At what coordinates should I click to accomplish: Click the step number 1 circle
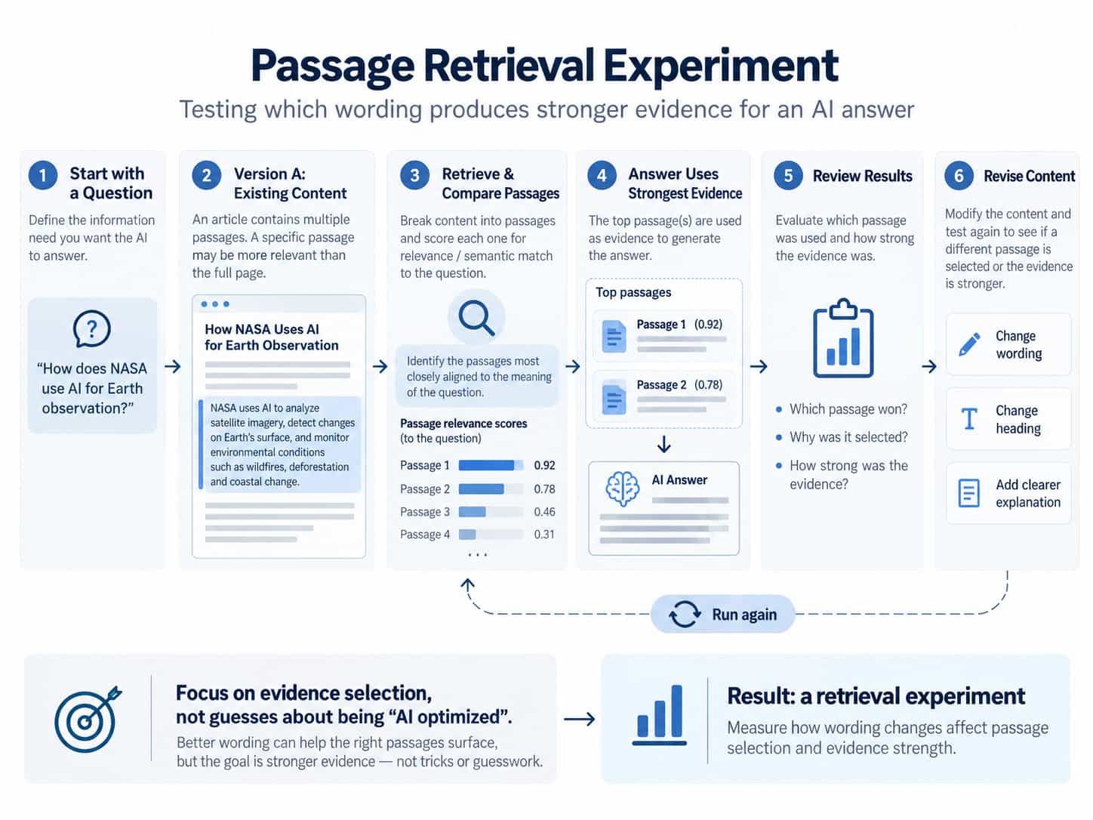click(43, 175)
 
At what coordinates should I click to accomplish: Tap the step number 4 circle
click(602, 175)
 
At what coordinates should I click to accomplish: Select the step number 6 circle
click(959, 175)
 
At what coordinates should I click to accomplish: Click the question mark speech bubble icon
click(91, 328)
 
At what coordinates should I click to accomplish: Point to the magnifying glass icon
click(476, 318)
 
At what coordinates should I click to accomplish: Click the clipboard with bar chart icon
click(843, 338)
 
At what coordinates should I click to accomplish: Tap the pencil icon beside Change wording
click(969, 344)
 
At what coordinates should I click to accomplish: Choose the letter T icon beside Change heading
click(969, 418)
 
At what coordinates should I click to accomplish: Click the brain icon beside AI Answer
click(623, 489)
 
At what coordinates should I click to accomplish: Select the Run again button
click(722, 614)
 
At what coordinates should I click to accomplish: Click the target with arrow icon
click(88, 718)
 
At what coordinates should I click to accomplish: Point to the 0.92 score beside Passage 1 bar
click(544, 466)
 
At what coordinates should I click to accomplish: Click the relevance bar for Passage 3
click(491, 512)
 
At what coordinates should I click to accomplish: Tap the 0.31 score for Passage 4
click(543, 535)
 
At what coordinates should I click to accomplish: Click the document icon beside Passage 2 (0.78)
click(614, 397)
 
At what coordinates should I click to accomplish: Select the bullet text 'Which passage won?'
click(848, 409)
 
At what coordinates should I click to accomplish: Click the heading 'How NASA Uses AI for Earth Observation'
click(272, 337)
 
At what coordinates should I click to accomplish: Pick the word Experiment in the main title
click(721, 66)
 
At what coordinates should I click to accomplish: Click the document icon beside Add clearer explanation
click(969, 493)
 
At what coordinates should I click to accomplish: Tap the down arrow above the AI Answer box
click(663, 444)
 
